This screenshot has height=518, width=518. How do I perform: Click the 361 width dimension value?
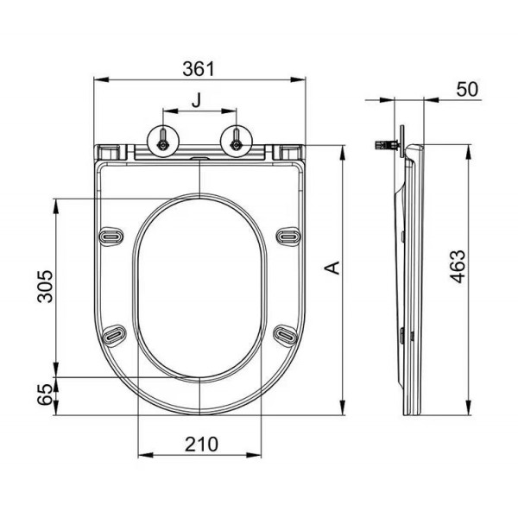199,69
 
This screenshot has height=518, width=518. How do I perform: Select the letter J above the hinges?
197,100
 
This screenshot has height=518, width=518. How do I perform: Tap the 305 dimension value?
45,287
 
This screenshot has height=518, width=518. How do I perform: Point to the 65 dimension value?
45,395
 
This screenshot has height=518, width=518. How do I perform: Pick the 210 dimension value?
201,444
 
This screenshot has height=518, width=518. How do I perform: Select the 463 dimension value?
458,266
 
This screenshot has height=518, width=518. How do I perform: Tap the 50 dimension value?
467,89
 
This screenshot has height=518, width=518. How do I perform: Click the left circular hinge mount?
163,141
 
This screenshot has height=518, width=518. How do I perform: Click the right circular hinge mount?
237,141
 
